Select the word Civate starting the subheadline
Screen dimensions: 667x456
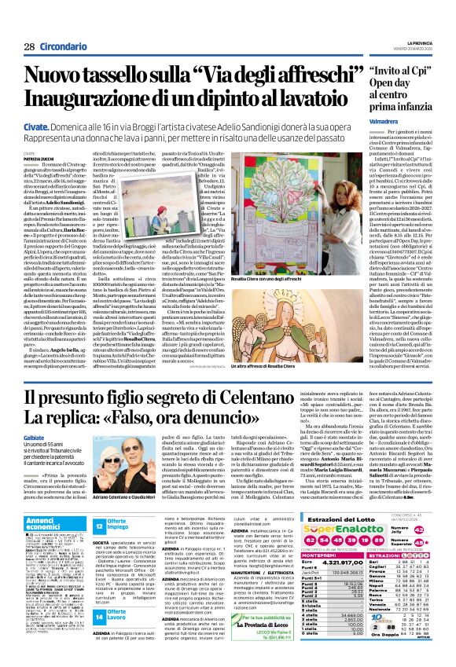coord(35,126)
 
